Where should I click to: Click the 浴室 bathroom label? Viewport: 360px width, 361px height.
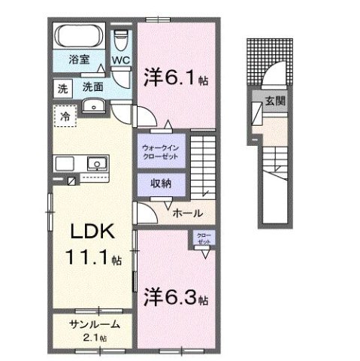point(79,57)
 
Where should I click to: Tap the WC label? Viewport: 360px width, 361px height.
point(120,59)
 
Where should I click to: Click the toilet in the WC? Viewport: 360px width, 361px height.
point(121,38)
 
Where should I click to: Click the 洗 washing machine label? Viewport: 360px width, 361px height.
point(62,87)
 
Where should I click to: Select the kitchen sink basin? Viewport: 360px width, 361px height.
point(96,163)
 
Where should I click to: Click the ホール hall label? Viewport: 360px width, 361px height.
point(186,214)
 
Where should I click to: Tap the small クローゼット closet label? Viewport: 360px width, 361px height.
point(204,240)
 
